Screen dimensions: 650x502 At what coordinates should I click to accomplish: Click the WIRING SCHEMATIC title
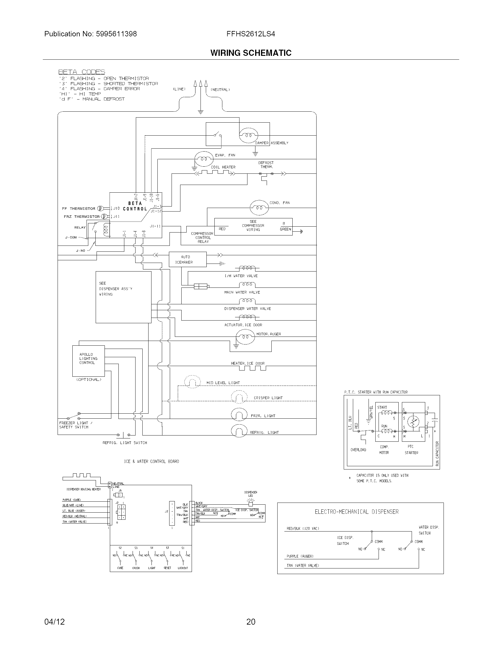[x=251, y=53]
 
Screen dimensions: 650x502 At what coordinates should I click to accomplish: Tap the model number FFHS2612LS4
[x=251, y=34]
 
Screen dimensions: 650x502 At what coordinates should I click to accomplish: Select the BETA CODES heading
[x=82, y=72]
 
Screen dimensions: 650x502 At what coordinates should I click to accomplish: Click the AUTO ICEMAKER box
[x=187, y=259]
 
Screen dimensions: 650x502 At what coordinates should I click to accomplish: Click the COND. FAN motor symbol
[x=259, y=207]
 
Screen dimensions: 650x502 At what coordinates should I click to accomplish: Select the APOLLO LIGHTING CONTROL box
[x=88, y=361]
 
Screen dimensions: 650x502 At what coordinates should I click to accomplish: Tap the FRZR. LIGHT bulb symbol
[x=239, y=414]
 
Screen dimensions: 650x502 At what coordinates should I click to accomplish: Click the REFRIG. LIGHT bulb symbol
[x=239, y=431]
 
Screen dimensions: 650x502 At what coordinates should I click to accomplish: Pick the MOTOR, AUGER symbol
[x=245, y=337]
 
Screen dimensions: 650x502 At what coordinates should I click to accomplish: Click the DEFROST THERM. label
[x=266, y=165]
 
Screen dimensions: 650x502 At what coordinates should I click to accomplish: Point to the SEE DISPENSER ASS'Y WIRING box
[x=123, y=297]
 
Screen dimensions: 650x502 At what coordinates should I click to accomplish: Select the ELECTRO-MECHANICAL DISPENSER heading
[x=357, y=512]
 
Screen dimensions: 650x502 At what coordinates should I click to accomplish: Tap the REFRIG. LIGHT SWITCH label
[x=125, y=443]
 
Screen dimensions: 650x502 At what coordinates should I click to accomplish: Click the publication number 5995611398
[x=116, y=34]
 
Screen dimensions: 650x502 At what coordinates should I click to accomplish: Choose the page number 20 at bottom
[x=251, y=622]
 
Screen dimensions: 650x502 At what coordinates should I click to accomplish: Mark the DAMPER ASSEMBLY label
[x=272, y=143]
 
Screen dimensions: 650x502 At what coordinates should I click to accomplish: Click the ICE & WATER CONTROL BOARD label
[x=151, y=461]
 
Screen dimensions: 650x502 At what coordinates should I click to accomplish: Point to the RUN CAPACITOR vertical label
[x=437, y=454]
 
